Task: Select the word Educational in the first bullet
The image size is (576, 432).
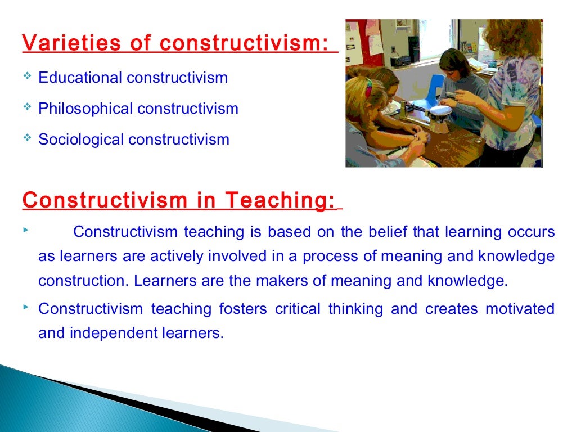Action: (80, 78)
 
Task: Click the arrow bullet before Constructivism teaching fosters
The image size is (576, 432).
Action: (27, 307)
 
